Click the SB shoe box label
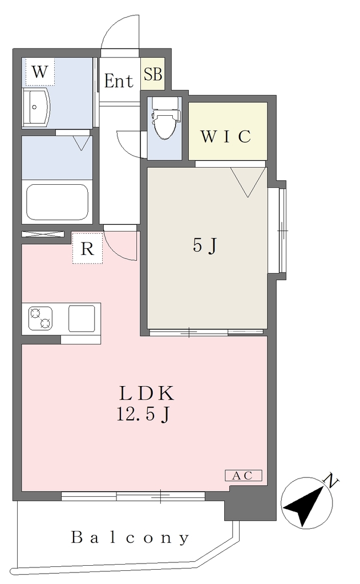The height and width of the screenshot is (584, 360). (x=153, y=74)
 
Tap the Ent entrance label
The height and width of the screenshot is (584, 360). (x=119, y=81)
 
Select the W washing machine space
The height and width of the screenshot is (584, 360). (x=40, y=72)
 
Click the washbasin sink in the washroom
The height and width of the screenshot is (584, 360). (x=36, y=107)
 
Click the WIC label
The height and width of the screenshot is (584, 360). (x=226, y=137)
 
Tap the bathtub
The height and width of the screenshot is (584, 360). (x=58, y=202)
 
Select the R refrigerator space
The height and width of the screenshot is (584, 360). (x=87, y=249)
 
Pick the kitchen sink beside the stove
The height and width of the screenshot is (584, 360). (x=82, y=318)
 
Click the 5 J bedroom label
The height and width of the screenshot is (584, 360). (x=205, y=246)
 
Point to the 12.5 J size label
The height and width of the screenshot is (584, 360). (x=144, y=414)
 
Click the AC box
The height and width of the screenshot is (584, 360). (x=244, y=476)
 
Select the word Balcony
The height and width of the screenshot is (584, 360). (x=130, y=538)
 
